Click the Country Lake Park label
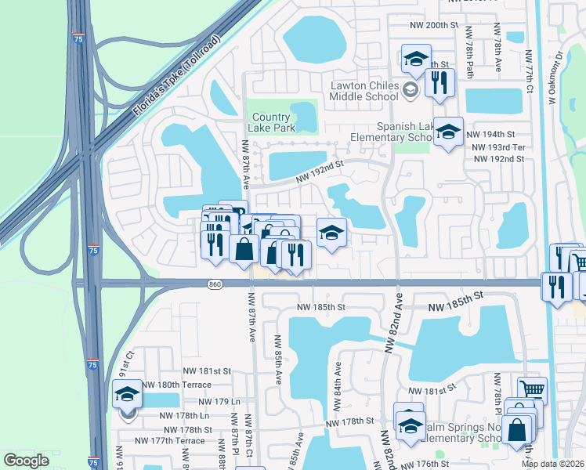click(271, 122)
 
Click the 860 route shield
click(215, 284)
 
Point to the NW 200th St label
click(433, 25)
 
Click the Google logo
click(26, 461)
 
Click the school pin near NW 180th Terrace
click(127, 394)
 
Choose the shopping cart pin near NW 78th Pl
click(532, 389)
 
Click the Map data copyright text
click(553, 464)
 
